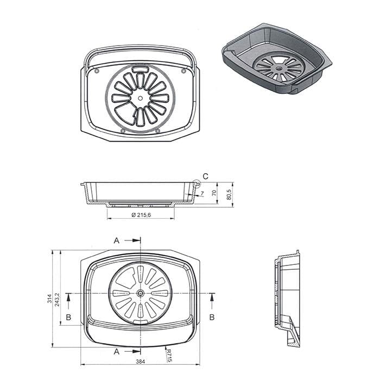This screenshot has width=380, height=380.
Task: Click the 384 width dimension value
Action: point(140,362)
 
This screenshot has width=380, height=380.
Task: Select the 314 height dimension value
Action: point(50,299)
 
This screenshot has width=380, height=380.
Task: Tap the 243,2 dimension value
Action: point(57,300)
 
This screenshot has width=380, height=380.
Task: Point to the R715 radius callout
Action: point(169,356)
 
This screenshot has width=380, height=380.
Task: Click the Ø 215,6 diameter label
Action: point(142,215)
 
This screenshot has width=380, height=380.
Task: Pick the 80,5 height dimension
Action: point(229,194)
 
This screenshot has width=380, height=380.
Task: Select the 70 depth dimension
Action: point(214,193)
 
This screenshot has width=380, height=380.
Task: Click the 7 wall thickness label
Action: point(202,193)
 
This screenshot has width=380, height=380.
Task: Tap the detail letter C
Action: point(206,176)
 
